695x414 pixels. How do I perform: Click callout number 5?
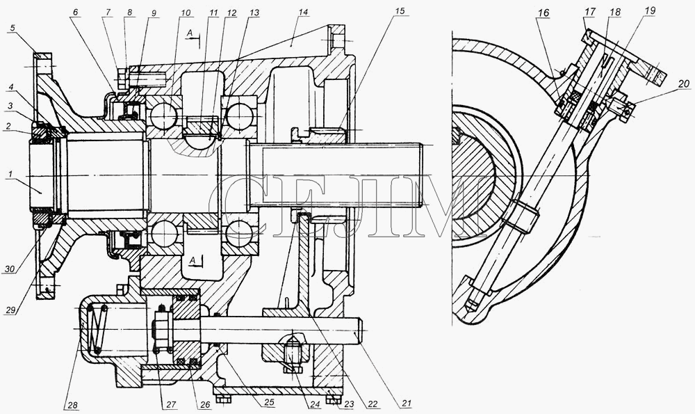click(13, 28)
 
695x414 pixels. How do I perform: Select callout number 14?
click(303, 12)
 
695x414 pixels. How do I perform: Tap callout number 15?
click(400, 11)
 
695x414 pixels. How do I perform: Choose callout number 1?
click(9, 175)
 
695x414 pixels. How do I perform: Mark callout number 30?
click(10, 269)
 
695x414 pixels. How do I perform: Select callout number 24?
click(315, 404)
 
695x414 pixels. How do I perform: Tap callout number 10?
click(186, 13)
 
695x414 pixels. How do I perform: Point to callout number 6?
click(75, 13)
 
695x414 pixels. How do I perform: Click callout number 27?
click(171, 404)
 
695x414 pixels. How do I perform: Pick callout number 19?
click(650, 10)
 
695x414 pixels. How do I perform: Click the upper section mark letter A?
click(190, 33)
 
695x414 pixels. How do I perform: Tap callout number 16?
click(543, 13)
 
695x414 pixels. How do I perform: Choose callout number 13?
click(254, 13)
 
